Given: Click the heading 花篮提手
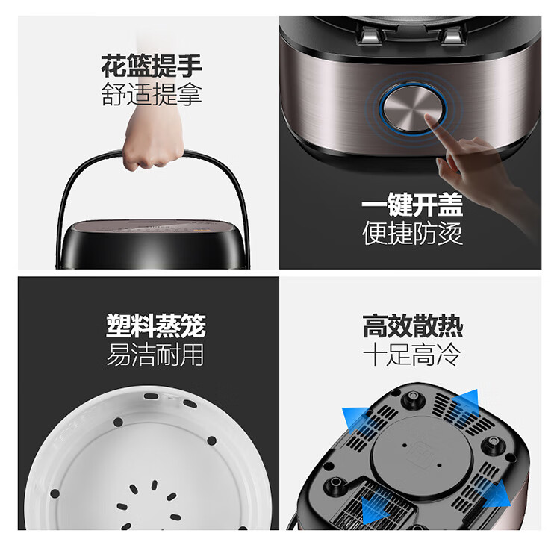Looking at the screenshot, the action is [x=152, y=66].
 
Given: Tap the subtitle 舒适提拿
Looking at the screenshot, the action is [x=152, y=94].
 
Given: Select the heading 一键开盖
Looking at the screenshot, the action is [x=412, y=205].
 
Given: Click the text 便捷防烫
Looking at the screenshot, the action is [x=412, y=233].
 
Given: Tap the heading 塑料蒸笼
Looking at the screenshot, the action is [x=156, y=325].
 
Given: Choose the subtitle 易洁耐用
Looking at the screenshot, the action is [x=155, y=354].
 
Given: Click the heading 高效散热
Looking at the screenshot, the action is [x=413, y=326].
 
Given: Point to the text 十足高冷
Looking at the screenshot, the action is [x=411, y=354].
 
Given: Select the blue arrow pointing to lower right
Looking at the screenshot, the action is [x=497, y=494].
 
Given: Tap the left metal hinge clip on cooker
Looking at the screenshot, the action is [x=370, y=36].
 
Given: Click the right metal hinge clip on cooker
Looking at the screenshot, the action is [x=451, y=36].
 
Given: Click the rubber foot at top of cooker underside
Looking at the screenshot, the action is [x=413, y=397].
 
